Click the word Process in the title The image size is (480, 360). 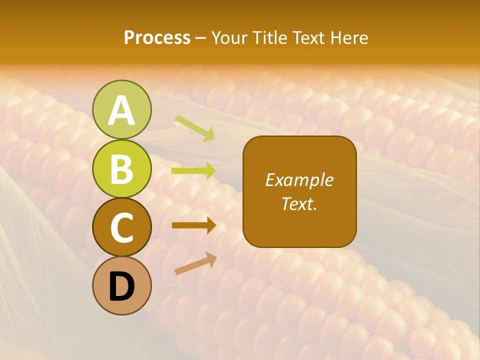(x=157, y=38)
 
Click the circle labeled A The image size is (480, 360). (x=121, y=109)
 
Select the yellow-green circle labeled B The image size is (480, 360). (x=121, y=168)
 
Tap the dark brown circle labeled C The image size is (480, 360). (x=121, y=227)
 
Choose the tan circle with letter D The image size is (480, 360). (x=121, y=285)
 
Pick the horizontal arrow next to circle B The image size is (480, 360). (x=192, y=171)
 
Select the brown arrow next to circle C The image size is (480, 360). (x=192, y=225)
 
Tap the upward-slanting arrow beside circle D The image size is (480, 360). (x=192, y=265)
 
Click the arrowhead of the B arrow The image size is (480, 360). (x=210, y=171)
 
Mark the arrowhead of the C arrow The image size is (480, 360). (x=210, y=225)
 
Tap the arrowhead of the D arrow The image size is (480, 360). (x=210, y=258)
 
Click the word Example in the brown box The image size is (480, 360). (x=299, y=180)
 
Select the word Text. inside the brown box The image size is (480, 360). (x=299, y=203)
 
